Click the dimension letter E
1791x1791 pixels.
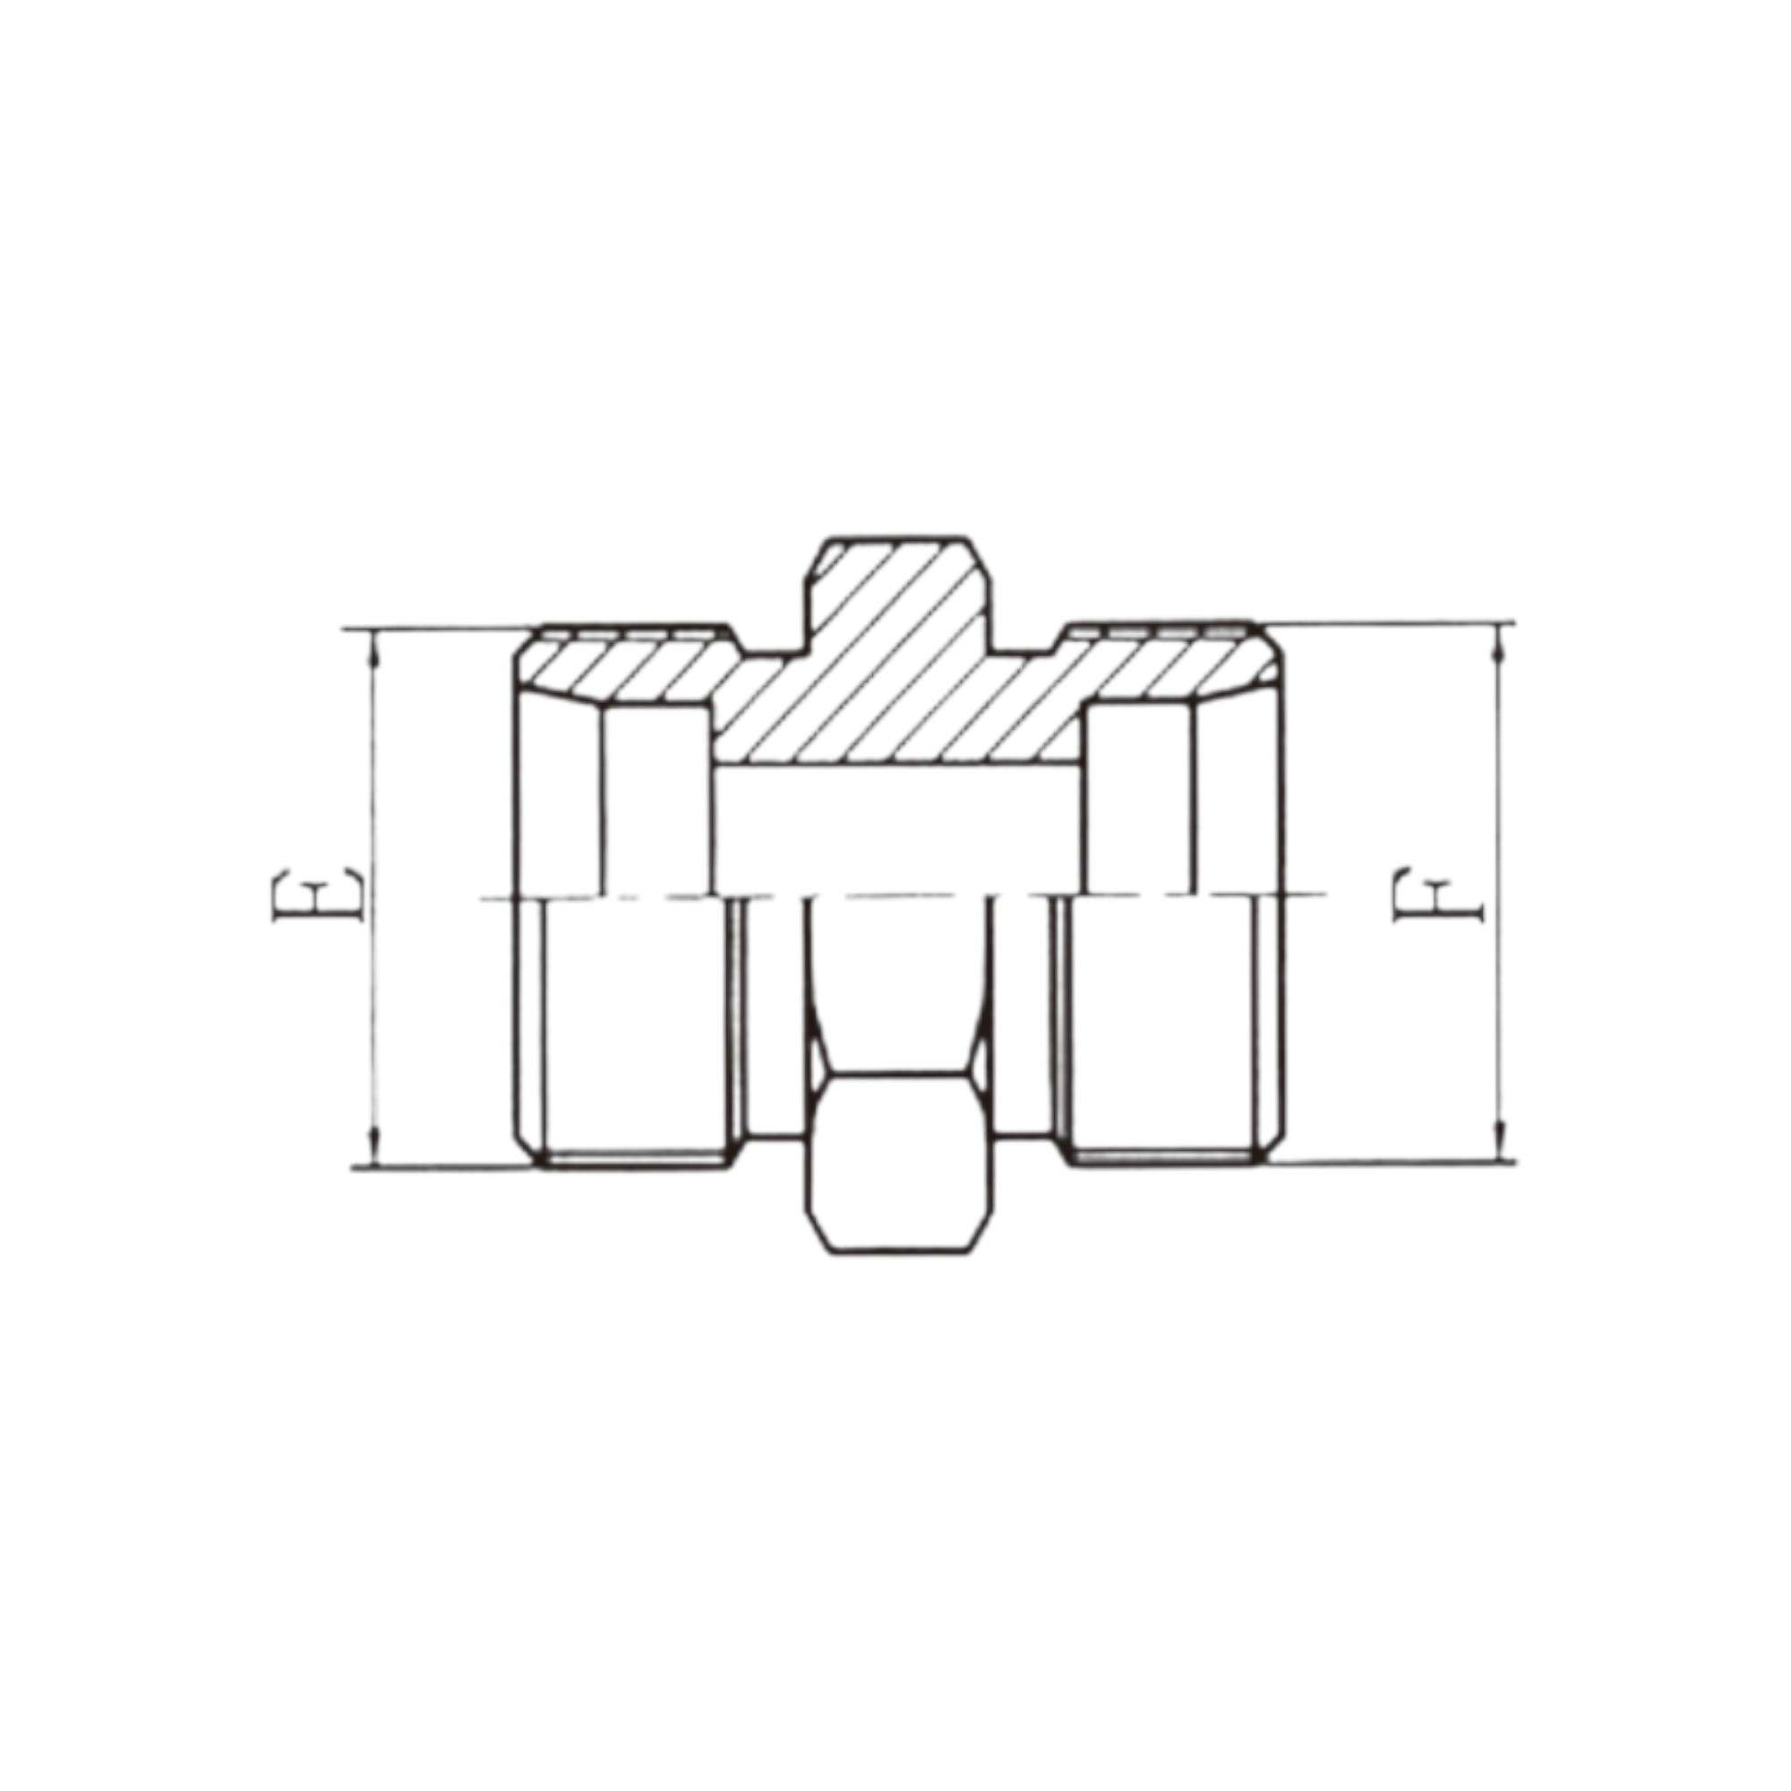click(317, 897)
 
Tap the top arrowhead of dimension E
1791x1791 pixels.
click(373, 648)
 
